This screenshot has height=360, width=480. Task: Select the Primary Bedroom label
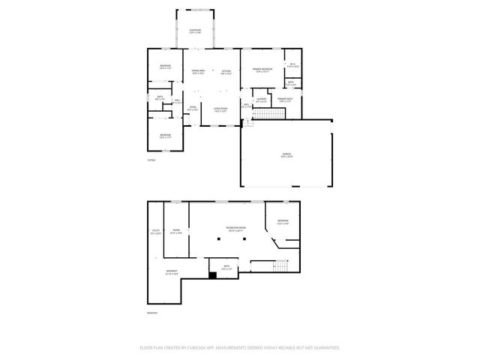click(262, 70)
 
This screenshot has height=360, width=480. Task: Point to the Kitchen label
click(226, 72)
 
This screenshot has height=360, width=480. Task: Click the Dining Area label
click(198, 72)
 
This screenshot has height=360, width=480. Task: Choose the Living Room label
click(220, 109)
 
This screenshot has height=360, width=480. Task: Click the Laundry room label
click(262, 100)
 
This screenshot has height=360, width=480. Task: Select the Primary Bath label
click(286, 100)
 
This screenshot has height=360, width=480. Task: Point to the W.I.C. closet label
click(293, 65)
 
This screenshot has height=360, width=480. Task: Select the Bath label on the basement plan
click(226, 267)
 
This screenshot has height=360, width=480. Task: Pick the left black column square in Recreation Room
click(218, 240)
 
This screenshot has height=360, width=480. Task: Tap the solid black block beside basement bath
click(212, 275)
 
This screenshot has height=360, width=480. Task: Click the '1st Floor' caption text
click(151, 160)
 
